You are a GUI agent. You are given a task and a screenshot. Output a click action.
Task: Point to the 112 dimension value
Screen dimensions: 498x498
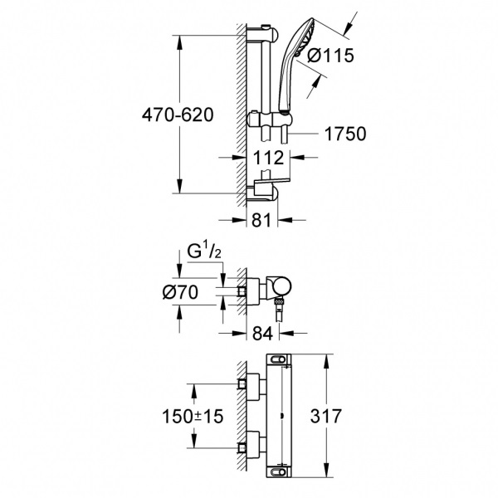[270, 158]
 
